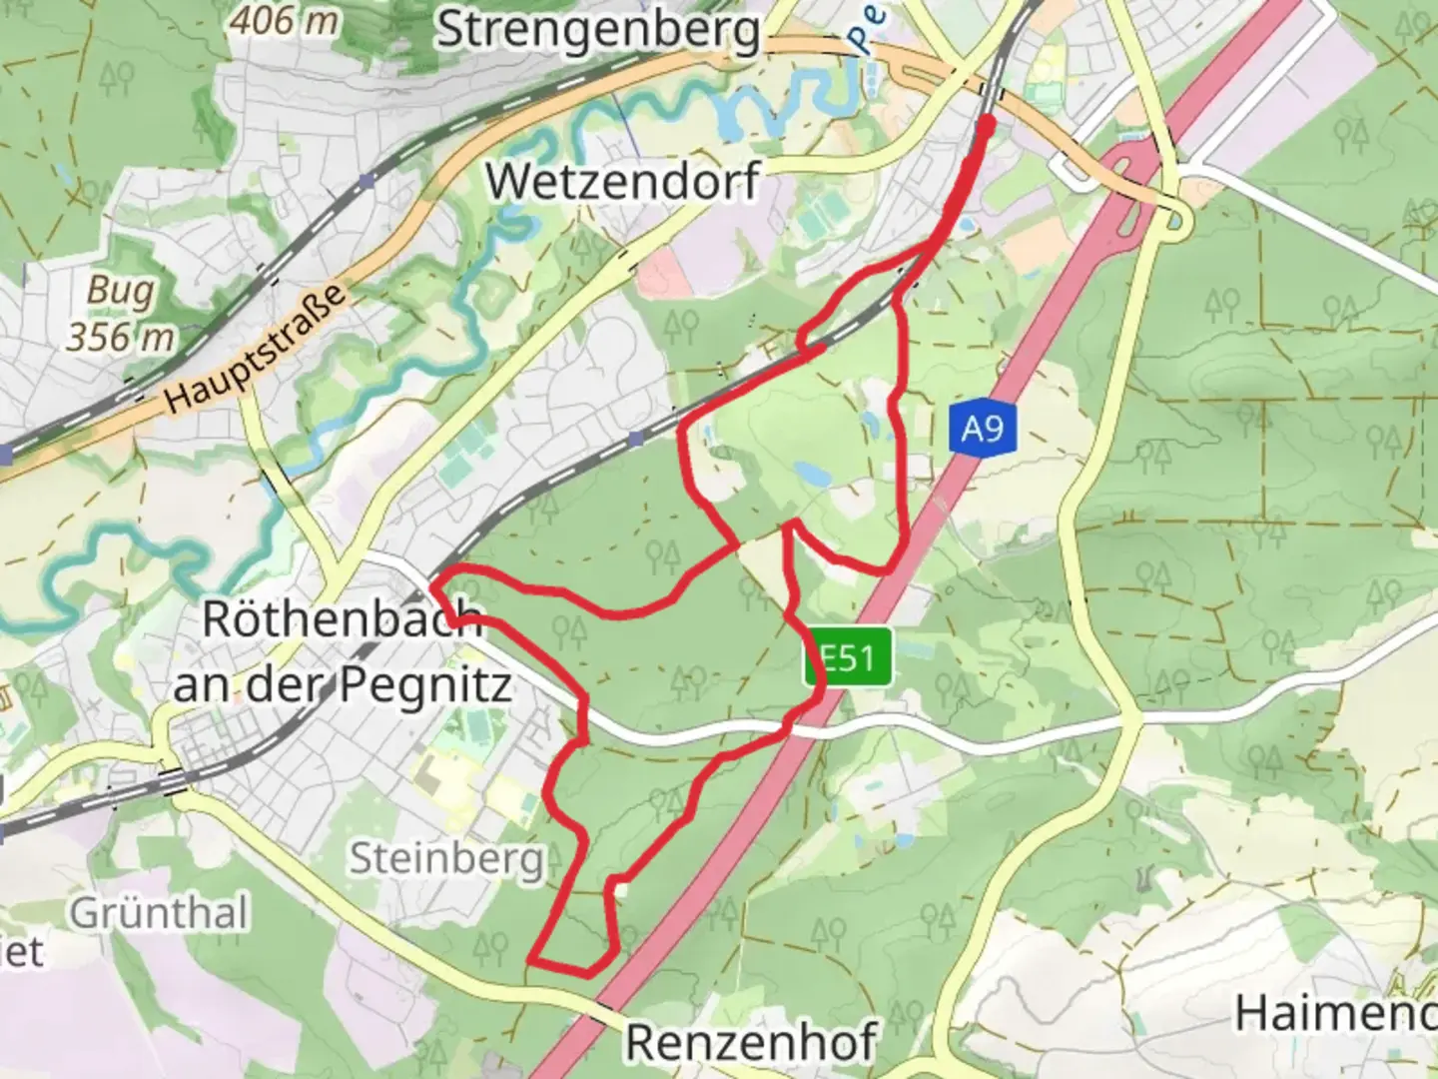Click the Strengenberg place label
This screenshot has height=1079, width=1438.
[x=598, y=30]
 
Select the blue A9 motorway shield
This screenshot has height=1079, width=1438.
[x=982, y=430]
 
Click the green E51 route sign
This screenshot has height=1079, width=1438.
[x=848, y=658]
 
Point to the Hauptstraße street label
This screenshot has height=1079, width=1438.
[x=257, y=347]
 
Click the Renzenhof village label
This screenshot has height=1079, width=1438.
[x=750, y=1042]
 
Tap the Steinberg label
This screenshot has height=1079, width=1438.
[x=446, y=856]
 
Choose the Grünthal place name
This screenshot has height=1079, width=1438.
[x=159, y=912]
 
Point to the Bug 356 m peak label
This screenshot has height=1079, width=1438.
[x=120, y=313]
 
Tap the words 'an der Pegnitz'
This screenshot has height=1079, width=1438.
[x=342, y=685]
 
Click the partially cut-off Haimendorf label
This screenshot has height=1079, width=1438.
[x=1336, y=1013]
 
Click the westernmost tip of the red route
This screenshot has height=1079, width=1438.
[x=434, y=579]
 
